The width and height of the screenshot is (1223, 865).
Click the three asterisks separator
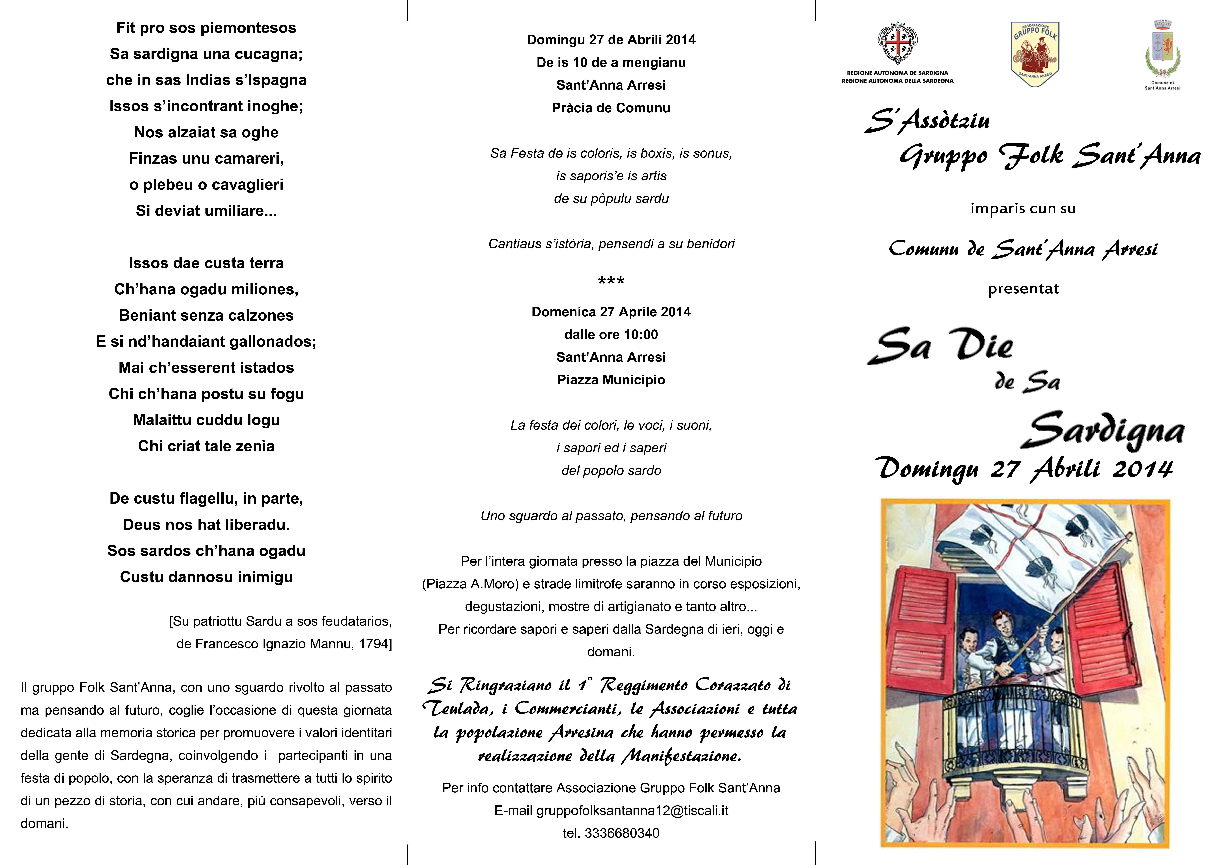tap(611, 281)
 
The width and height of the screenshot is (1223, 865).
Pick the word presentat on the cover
tap(1023, 289)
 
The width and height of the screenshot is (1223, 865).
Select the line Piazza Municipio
tap(611, 380)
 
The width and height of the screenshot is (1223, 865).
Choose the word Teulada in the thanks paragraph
tap(458, 708)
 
